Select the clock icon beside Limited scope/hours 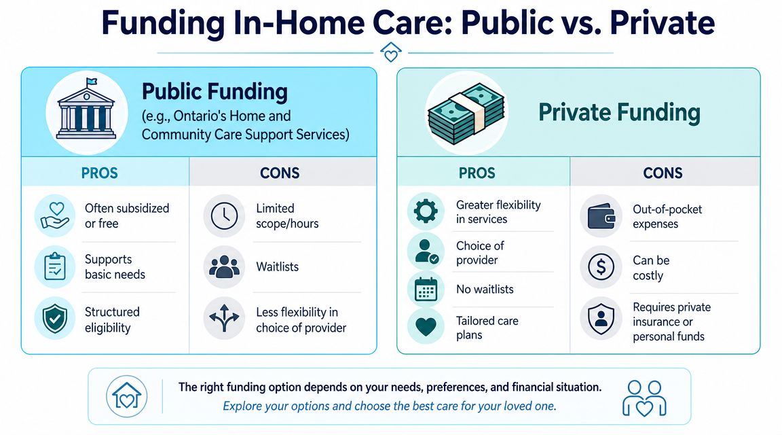224,215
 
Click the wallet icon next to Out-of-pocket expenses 601,215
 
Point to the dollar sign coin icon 601,266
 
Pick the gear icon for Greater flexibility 426,211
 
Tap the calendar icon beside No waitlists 426,289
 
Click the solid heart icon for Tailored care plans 426,327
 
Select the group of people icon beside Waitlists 224,266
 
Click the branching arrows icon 224,317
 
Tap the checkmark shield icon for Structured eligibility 55,319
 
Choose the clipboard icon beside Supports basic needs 55,266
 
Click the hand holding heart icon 55,215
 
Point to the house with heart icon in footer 127,396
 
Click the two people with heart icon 644,398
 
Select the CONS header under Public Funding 280,173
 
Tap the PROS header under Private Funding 477,173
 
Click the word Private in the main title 663,22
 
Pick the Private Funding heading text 619,112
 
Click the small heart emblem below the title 390,52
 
